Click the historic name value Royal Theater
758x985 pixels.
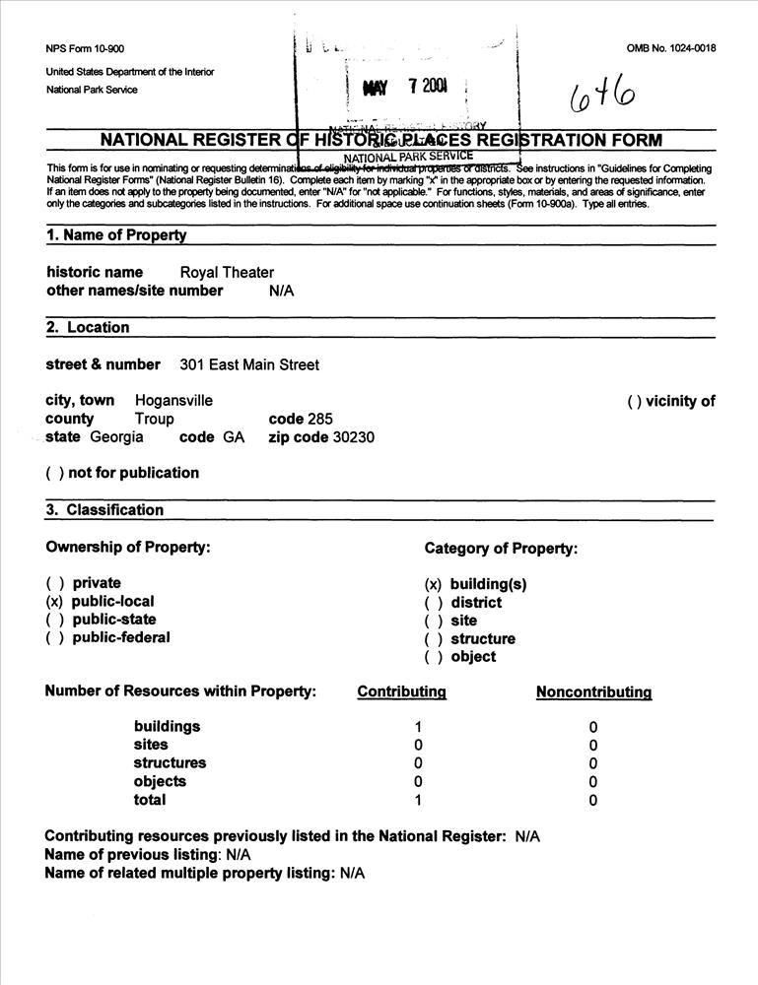click(227, 273)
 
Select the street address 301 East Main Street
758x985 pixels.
click(249, 365)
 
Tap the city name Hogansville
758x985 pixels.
click(173, 401)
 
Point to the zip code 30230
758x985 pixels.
click(354, 437)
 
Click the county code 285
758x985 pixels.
click(320, 419)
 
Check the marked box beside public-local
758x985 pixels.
click(54, 602)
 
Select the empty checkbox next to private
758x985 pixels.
click(54, 583)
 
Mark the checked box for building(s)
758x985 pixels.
click(433, 584)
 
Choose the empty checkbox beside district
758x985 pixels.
click(433, 603)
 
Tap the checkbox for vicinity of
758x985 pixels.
click(635, 401)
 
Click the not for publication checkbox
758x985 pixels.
click(54, 473)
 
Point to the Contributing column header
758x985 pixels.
click(401, 691)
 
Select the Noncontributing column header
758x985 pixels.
click(593, 691)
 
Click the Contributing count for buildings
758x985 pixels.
click(418, 727)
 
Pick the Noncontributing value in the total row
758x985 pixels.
click(592, 801)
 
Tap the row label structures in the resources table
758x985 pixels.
click(170, 763)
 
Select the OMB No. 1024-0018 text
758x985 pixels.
click(670, 48)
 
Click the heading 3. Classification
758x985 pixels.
click(104, 510)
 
